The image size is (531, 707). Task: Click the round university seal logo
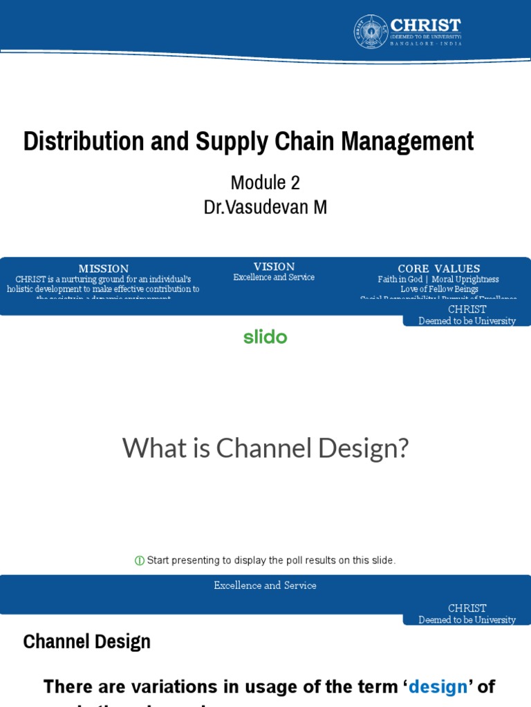[x=371, y=32]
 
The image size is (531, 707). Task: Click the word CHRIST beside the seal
[x=426, y=25]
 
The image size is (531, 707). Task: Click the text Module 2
[x=265, y=182]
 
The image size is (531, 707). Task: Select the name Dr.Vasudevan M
[x=265, y=206]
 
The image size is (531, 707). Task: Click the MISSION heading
[x=104, y=269]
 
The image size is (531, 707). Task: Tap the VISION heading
[x=274, y=267]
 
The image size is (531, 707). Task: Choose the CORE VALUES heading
[x=438, y=269]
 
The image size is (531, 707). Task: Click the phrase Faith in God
[x=400, y=280]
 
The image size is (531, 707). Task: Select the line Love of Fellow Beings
[x=439, y=289]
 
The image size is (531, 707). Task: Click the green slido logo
[x=265, y=337]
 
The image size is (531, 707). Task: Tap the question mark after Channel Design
[x=402, y=448]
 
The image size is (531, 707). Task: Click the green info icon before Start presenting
[x=140, y=561]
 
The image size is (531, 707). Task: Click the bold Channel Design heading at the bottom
[x=86, y=641]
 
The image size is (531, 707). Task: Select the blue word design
[x=438, y=686]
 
